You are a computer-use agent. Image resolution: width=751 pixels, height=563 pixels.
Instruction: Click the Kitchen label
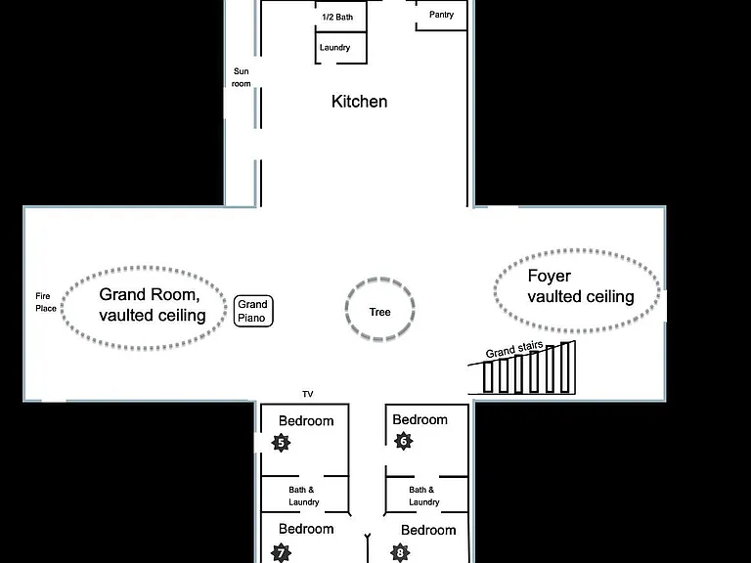(x=359, y=102)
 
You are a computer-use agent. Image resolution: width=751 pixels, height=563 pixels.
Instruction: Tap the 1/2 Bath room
(x=340, y=17)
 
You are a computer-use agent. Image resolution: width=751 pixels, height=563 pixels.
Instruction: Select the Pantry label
(x=441, y=15)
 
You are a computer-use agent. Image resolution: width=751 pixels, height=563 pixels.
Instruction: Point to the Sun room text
(x=241, y=77)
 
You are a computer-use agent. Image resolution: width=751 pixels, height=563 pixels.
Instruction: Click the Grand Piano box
(x=253, y=311)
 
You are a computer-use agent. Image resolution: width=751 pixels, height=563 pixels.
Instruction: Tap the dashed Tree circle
(x=346, y=309)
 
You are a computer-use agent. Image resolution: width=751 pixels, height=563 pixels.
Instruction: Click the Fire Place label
(x=46, y=302)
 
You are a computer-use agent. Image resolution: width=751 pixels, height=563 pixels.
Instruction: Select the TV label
(x=307, y=394)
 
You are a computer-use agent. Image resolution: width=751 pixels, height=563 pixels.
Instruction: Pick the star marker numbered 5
(x=281, y=443)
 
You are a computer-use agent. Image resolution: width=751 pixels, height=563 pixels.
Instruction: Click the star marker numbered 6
(x=403, y=441)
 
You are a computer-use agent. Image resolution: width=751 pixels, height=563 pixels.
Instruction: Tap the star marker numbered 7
(x=281, y=553)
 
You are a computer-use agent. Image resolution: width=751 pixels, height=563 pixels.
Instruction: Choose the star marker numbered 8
(x=400, y=553)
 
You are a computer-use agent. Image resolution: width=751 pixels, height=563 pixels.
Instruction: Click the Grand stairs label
(x=514, y=350)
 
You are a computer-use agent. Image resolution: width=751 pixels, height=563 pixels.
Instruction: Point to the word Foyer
(x=549, y=276)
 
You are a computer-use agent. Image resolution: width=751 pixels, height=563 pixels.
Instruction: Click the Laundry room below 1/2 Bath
(x=340, y=47)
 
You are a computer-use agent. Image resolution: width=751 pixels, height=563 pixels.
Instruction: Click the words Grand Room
(x=150, y=294)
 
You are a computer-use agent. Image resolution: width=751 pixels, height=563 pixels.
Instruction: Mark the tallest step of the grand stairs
(x=565, y=368)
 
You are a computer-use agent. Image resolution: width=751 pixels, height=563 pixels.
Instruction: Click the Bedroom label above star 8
(x=428, y=530)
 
